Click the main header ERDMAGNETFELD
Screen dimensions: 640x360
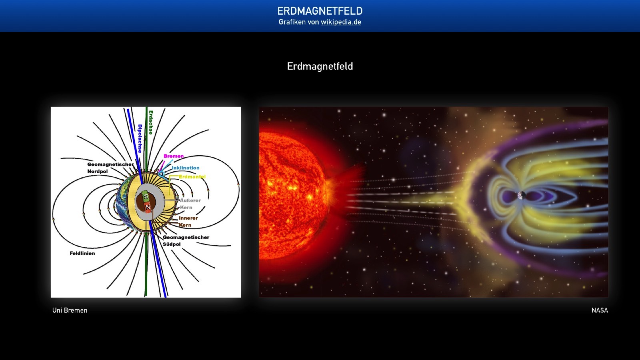pyautogui.click(x=320, y=11)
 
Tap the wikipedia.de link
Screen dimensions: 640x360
pyautogui.click(x=341, y=22)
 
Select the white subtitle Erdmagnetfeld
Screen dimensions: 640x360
pyautogui.click(x=320, y=66)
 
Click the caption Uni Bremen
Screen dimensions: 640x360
pyautogui.click(x=70, y=310)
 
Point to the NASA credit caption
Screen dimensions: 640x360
pyautogui.click(x=600, y=310)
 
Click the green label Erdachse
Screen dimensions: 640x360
pyautogui.click(x=151, y=122)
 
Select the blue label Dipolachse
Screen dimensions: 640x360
pyautogui.click(x=140, y=138)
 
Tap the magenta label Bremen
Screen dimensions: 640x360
pyautogui.click(x=174, y=156)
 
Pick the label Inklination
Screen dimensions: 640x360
pyautogui.click(x=186, y=168)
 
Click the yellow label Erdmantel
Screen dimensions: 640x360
pyautogui.click(x=192, y=176)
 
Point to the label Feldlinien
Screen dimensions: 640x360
pyautogui.click(x=82, y=253)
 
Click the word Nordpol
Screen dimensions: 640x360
pyautogui.click(x=98, y=172)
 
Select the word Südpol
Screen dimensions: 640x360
pyautogui.click(x=172, y=244)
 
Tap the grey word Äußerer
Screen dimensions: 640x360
pyautogui.click(x=190, y=200)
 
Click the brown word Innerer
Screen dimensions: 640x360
pyautogui.click(x=188, y=218)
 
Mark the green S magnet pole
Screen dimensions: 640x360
pyautogui.click(x=146, y=196)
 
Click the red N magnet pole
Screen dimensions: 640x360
pyautogui.click(x=148, y=206)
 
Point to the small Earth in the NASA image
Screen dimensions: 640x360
pyautogui.click(x=522, y=196)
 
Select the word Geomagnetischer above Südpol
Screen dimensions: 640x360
pyautogui.click(x=186, y=237)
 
